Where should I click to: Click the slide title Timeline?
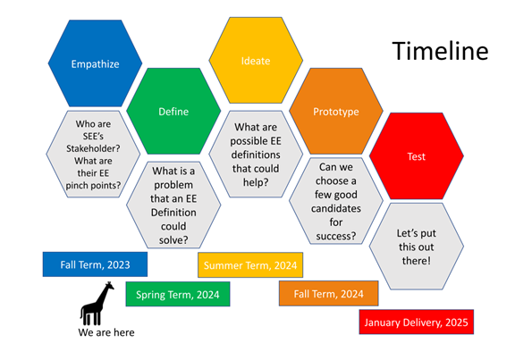[440, 51]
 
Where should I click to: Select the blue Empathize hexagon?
[95, 63]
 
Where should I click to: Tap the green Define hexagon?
[173, 111]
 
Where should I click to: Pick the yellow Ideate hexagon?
[256, 61]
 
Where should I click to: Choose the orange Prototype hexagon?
[336, 111]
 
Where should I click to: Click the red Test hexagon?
[417, 156]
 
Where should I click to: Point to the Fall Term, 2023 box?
[95, 264]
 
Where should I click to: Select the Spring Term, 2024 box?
[178, 294]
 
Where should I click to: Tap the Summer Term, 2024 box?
[250, 265]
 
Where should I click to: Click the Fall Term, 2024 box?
[328, 294]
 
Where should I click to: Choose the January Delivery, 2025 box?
[417, 322]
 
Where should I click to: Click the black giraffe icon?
[97, 304]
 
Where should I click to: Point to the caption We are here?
[106, 332]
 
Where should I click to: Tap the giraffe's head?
[109, 286]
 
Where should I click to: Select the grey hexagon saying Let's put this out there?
[417, 247]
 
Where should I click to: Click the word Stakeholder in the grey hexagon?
[91, 148]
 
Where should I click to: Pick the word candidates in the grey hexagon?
[336, 208]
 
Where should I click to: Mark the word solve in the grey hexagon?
[172, 240]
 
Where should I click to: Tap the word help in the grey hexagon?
[254, 182]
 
